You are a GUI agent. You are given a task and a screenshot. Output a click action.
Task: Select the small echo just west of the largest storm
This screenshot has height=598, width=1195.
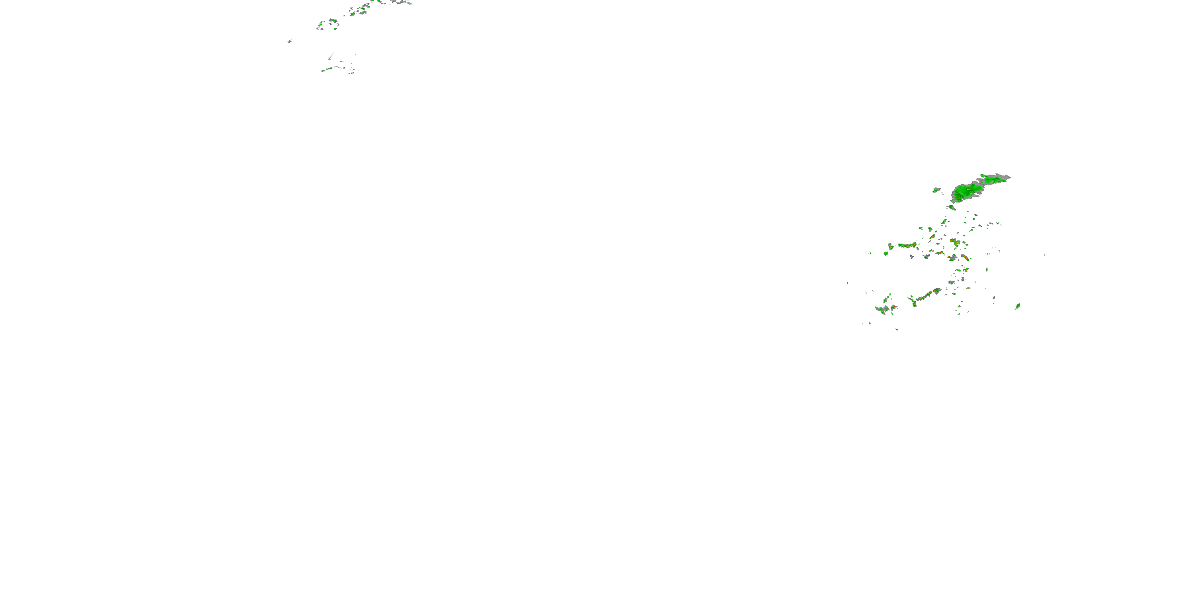(x=936, y=189)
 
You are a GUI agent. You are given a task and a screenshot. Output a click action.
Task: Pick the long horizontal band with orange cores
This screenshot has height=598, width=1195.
(x=907, y=245)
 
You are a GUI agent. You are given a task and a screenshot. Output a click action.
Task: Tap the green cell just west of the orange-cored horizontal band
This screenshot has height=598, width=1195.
(x=891, y=246)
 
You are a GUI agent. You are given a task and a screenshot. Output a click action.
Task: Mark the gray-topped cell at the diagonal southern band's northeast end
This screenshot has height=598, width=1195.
(x=937, y=291)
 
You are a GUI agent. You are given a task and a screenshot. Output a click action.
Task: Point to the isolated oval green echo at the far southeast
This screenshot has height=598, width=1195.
(x=1018, y=305)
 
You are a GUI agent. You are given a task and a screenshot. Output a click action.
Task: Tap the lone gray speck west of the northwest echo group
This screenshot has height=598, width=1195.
(x=290, y=41)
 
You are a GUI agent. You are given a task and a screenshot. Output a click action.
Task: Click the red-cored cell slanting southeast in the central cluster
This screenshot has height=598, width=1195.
(x=965, y=257)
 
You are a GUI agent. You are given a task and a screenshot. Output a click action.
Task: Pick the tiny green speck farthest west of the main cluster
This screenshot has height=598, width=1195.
(x=848, y=283)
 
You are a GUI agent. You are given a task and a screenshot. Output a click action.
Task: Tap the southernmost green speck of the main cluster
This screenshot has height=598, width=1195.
(x=897, y=329)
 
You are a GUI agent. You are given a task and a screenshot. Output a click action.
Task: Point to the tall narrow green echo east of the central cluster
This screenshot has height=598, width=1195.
(x=986, y=269)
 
